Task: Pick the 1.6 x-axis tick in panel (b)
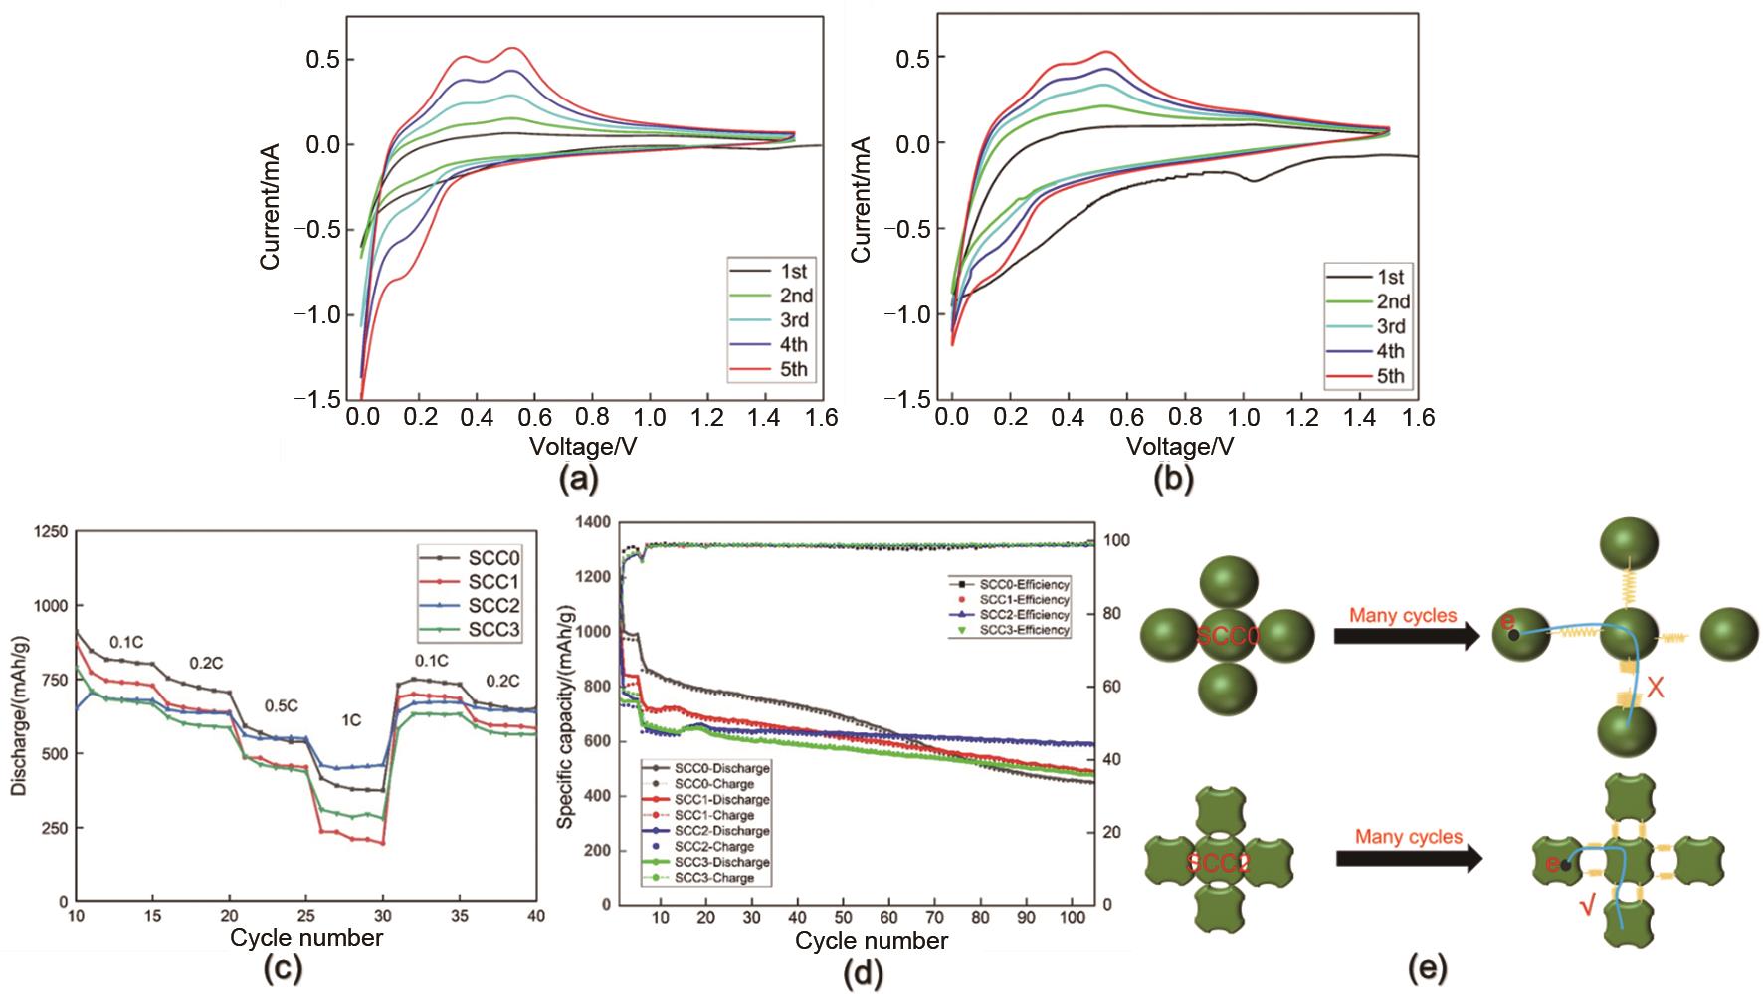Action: [x=1418, y=418]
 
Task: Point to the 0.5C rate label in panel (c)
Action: [x=282, y=706]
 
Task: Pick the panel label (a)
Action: [x=578, y=481]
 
